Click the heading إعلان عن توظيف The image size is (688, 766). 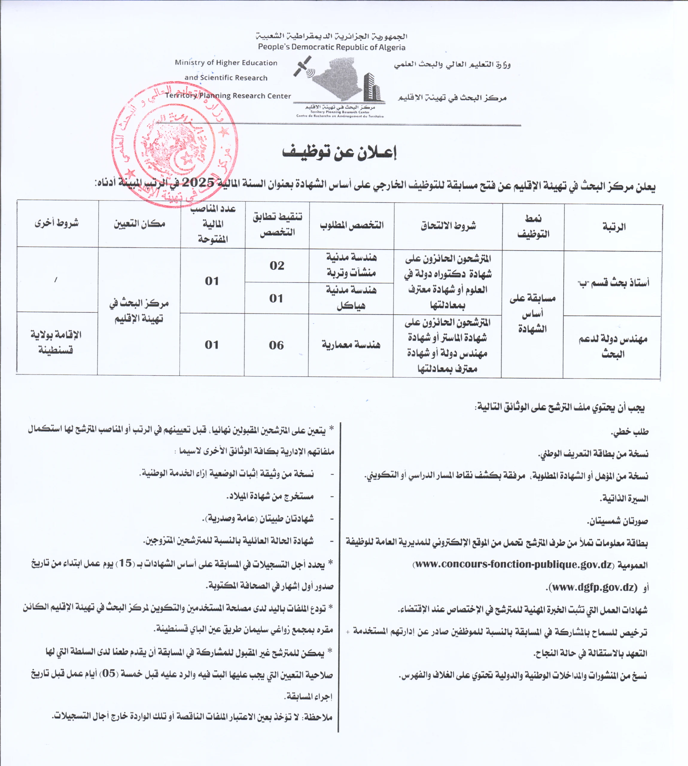339,152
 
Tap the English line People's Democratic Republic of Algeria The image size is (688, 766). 331,47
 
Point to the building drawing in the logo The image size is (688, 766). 372,87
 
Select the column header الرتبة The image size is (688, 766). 614,227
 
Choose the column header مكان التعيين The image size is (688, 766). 139,224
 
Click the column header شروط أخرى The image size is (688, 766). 57,223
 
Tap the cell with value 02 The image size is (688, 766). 277,266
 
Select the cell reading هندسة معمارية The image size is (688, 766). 351,345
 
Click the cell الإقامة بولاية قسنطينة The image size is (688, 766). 56,342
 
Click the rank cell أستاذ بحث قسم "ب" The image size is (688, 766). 613,283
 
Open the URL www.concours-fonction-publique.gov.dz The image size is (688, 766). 513,565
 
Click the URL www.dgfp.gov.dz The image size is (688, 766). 593,587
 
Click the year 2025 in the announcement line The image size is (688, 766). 198,183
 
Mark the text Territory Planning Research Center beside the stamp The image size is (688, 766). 228,96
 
